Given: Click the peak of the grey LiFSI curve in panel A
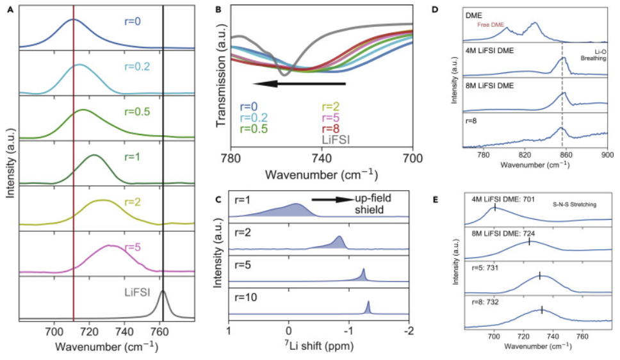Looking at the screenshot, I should coord(163,292).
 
